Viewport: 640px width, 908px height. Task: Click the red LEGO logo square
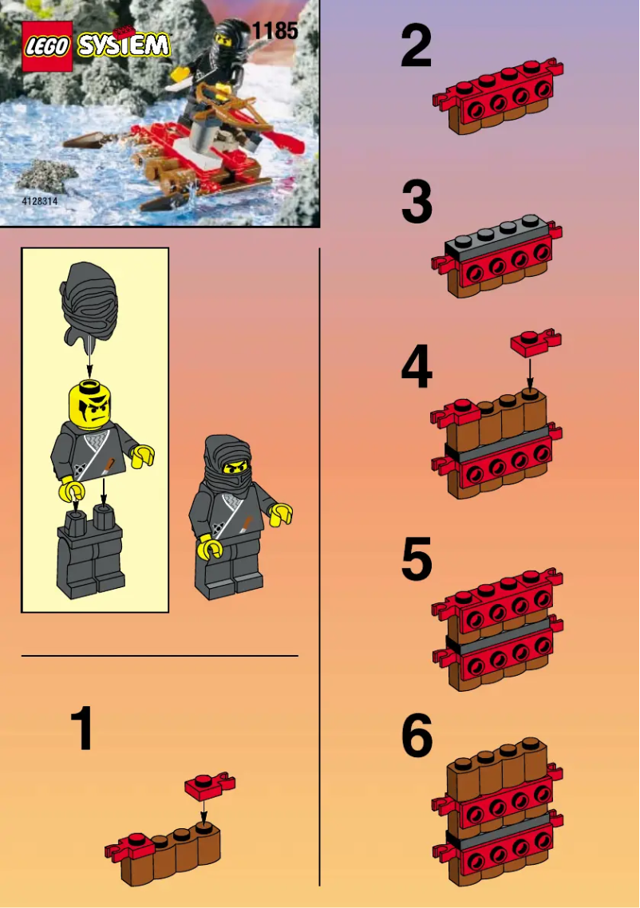pos(47,47)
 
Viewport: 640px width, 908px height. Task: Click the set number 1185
pos(275,31)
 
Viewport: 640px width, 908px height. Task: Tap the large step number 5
pos(417,559)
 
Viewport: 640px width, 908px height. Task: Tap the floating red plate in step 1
pos(209,784)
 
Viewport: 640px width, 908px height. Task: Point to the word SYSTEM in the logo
pos(124,45)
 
